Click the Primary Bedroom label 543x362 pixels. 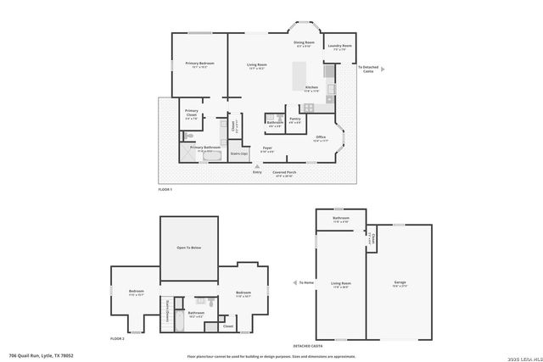[199, 64]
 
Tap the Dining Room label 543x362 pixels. [304, 43]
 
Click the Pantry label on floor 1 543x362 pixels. [295, 120]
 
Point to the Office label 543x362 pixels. [320, 137]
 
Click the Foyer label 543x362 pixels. [266, 148]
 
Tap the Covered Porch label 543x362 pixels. [283, 173]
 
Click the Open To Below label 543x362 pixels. [188, 248]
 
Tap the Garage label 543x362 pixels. [400, 282]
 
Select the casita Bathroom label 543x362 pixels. [341, 219]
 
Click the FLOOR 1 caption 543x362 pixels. [165, 189]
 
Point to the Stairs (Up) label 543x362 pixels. [239, 153]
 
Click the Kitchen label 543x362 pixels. [311, 87]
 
